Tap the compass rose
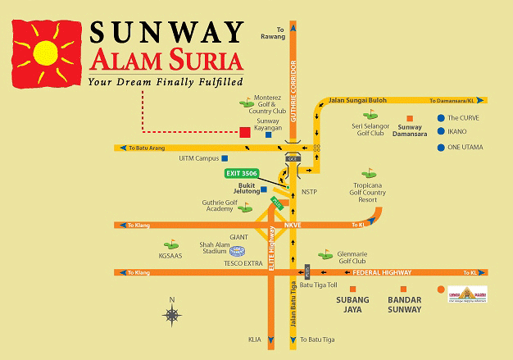tap(173, 314)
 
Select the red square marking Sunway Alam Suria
tap(243, 131)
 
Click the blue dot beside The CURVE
tap(441, 118)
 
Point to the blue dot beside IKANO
tap(441, 131)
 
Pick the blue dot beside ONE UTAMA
tap(441, 148)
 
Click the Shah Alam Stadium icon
tap(237, 250)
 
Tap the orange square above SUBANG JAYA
tap(352, 289)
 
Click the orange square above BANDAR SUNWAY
tap(402, 289)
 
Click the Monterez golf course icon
tap(246, 103)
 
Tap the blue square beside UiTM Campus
tap(225, 158)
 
